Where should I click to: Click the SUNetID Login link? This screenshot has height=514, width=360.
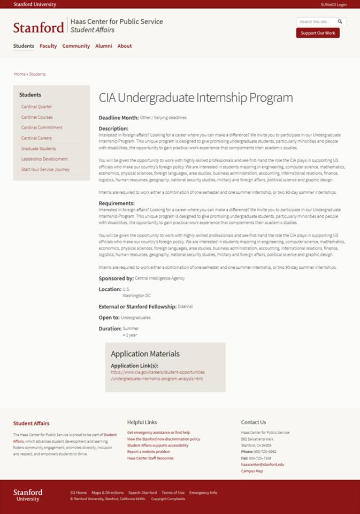click(333, 4)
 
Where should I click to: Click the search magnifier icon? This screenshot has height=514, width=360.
click(340, 22)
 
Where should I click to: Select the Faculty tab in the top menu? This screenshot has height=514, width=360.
click(48, 46)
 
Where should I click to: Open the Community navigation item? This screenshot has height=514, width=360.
click(76, 46)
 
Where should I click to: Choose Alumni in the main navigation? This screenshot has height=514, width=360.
click(104, 46)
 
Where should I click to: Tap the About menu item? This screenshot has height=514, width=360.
click(125, 46)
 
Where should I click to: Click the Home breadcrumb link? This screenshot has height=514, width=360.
click(20, 74)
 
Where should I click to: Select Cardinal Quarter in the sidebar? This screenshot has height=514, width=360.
click(36, 107)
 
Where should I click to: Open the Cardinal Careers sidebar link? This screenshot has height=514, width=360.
click(36, 138)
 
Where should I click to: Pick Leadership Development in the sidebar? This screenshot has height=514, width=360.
click(44, 159)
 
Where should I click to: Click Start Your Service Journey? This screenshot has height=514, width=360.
click(45, 170)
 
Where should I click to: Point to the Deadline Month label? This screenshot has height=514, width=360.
click(118, 117)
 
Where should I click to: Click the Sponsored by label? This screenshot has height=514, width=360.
click(116, 278)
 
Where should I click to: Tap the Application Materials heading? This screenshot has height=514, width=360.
click(145, 354)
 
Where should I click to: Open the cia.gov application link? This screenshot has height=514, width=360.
click(157, 375)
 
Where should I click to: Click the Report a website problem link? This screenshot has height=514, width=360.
click(148, 452)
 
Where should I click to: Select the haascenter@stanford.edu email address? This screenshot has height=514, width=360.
click(262, 465)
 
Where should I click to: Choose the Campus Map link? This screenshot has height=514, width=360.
click(251, 471)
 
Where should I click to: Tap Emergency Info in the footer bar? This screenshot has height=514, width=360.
click(203, 493)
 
